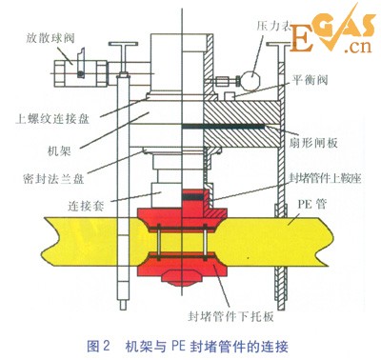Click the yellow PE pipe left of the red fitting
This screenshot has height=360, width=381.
pos(67,238)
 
